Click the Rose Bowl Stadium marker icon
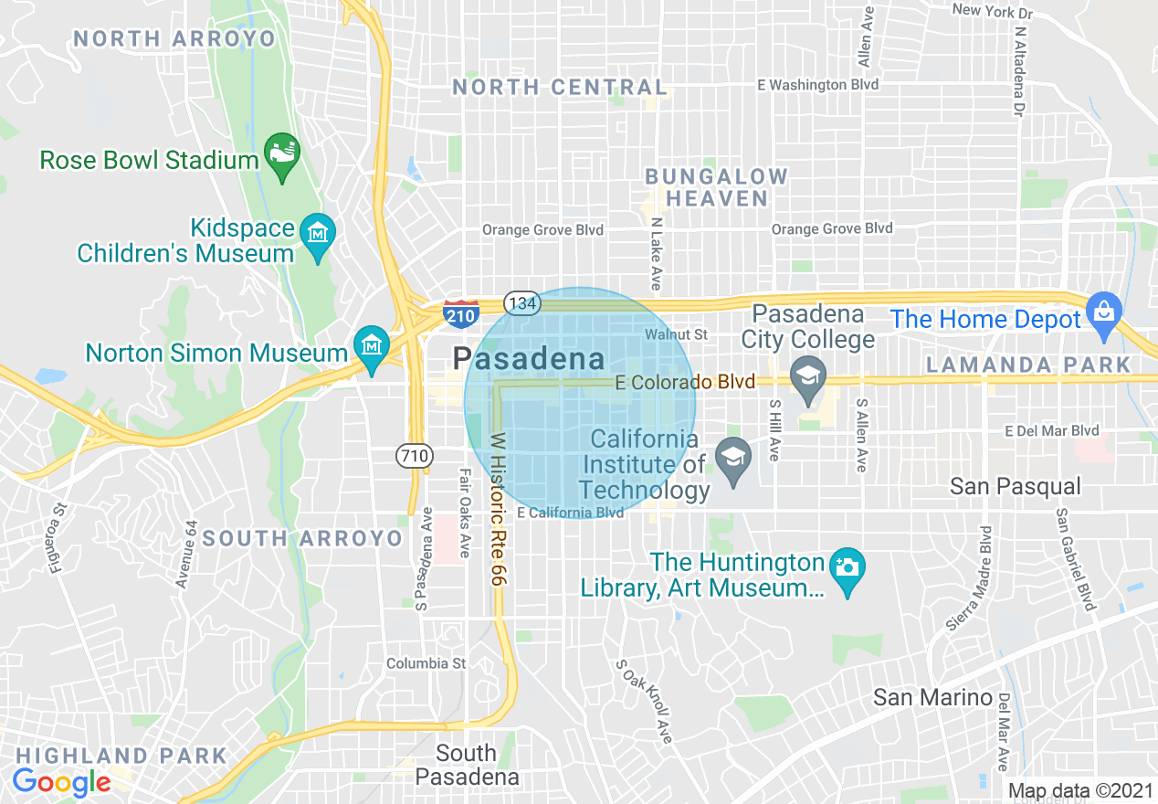coord(281,154)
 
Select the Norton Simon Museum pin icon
coord(372,348)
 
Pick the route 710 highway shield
coord(415,455)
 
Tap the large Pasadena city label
coord(530,359)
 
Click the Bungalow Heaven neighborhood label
coord(716,187)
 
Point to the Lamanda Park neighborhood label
coord(1027,365)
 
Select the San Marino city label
coord(932,698)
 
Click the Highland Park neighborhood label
coord(121,756)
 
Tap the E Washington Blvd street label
coord(817,85)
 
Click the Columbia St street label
coord(426,663)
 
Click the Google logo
coord(61,782)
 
